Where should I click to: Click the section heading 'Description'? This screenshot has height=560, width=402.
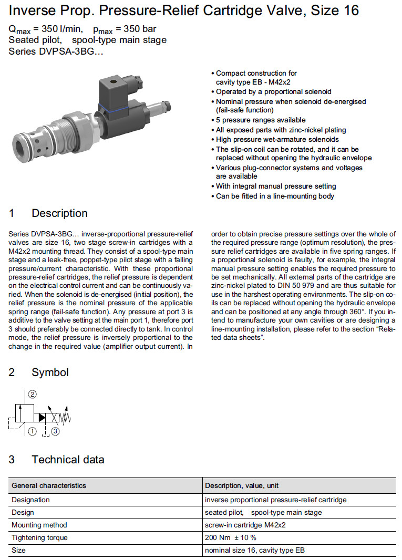tap(59, 213)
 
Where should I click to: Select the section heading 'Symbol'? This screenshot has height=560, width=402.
tap(50, 372)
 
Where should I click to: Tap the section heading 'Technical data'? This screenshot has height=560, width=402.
tap(68, 460)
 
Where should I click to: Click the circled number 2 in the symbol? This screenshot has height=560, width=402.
tap(32, 395)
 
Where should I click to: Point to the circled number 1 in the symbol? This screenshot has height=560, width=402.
tap(32, 432)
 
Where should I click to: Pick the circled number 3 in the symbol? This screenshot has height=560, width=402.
tap(55, 432)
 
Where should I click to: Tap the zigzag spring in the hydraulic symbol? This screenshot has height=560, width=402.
tap(66, 417)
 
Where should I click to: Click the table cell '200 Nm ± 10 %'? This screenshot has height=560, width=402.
tap(231, 537)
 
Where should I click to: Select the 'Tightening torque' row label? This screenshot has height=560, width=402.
tap(39, 537)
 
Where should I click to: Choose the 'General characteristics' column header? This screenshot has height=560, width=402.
tap(49, 485)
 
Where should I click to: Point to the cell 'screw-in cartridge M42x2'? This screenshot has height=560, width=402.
tap(245, 525)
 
